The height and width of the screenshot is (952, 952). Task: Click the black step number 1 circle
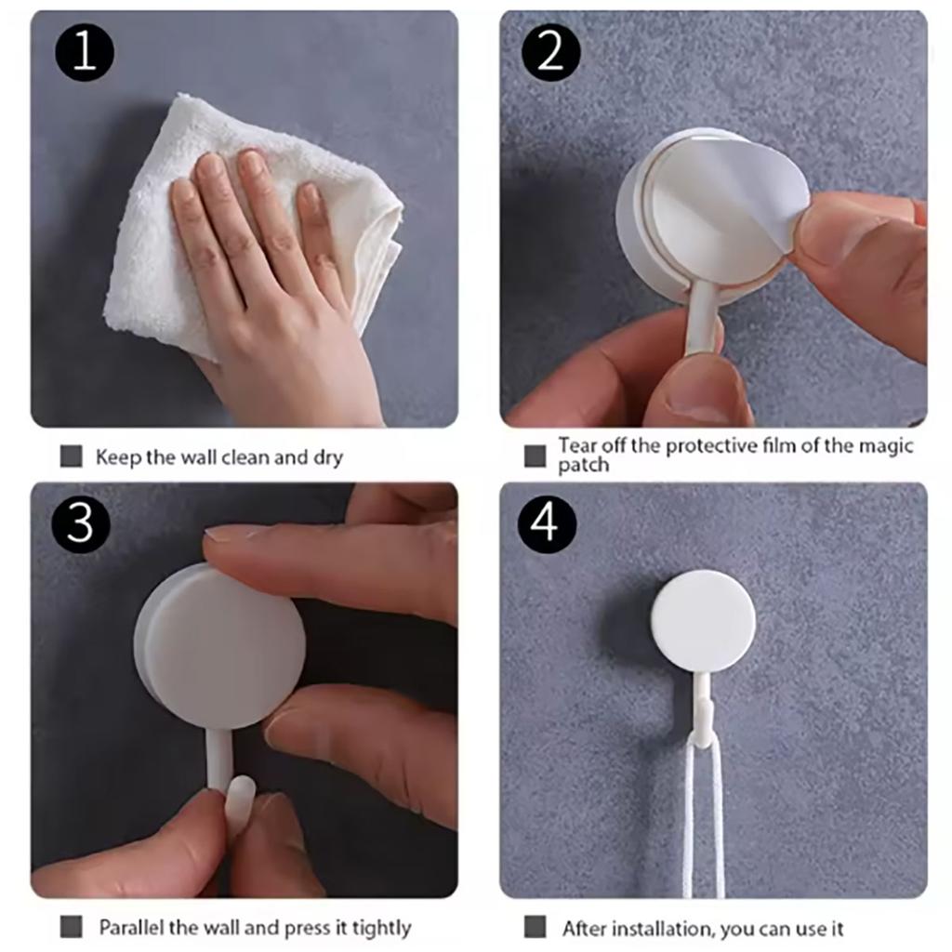[x=85, y=52]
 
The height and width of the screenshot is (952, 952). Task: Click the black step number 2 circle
[x=551, y=52]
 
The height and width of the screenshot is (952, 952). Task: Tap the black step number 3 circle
[x=80, y=523]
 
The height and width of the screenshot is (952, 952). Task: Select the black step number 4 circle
[x=547, y=523]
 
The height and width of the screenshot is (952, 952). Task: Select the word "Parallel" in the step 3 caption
[x=131, y=928]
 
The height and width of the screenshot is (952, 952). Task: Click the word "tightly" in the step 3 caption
[x=382, y=929]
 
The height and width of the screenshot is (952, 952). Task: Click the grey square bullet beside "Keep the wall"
[x=71, y=456]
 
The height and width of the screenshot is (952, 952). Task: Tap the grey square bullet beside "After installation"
[x=535, y=928]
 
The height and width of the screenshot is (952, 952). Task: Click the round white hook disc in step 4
[x=703, y=621]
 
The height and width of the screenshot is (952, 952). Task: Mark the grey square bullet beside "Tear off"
[x=535, y=456]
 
